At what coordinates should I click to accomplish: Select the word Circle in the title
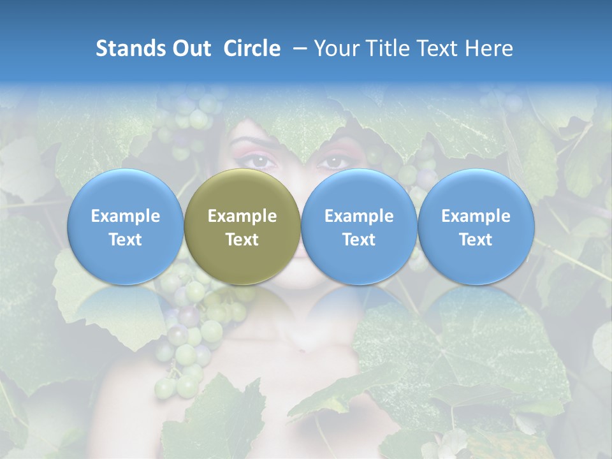[252, 48]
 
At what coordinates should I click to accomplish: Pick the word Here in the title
[489, 48]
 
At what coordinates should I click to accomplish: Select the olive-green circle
[242, 227]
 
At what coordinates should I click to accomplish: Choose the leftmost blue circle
[125, 227]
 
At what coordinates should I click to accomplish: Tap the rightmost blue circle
[476, 227]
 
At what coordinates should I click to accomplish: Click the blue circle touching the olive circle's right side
[359, 227]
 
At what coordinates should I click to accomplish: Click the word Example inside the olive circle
[242, 216]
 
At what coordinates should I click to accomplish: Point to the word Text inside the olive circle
[242, 240]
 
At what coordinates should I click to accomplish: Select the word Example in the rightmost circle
[476, 216]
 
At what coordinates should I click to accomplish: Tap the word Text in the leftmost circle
[125, 240]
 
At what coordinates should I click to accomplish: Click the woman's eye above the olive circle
[261, 161]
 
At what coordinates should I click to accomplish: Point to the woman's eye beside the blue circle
[333, 162]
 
